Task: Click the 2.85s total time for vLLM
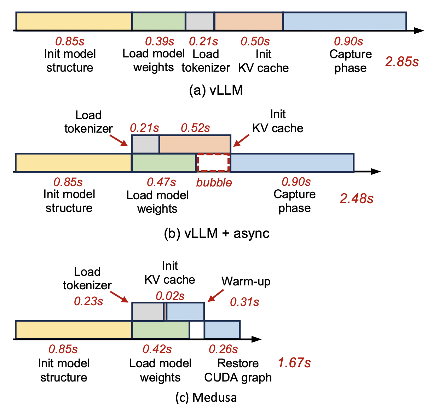point(402,62)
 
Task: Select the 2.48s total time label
point(357,199)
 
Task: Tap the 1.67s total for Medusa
point(294,363)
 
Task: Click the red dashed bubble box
point(213,163)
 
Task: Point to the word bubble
point(214,182)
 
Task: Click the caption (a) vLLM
point(216,90)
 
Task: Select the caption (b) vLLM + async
point(217,233)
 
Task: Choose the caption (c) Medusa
point(206,397)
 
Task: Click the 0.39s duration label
point(160,41)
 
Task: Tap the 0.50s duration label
point(255,41)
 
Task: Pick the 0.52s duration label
point(195,128)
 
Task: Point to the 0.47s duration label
point(161,182)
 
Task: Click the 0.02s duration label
point(170,296)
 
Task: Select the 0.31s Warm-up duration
point(244,302)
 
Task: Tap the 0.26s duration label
point(223,349)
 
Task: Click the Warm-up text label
point(246,282)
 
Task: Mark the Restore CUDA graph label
point(238,371)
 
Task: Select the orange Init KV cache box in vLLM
point(249,21)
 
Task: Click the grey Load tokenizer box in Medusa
point(148,312)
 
